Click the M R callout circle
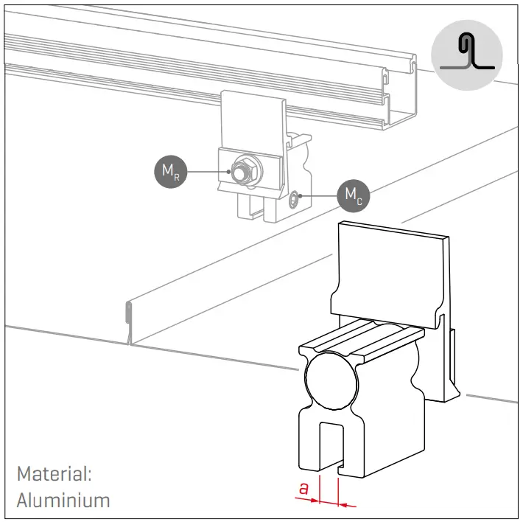click(171, 172)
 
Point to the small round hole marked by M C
click(295, 197)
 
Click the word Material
click(53, 473)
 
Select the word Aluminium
click(63, 500)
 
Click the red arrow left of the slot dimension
click(308, 500)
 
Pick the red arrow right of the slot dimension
click(347, 505)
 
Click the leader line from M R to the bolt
click(206, 173)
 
